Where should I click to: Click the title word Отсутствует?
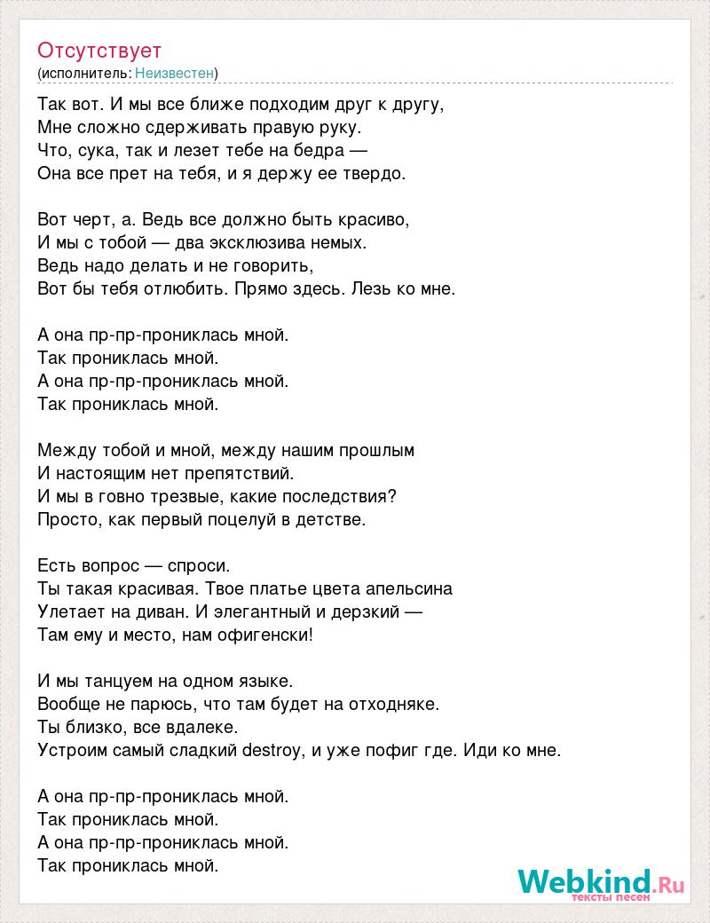(x=99, y=50)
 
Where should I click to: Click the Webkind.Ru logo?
(x=601, y=882)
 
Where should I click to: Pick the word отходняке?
(x=394, y=704)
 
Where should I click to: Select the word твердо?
(x=376, y=173)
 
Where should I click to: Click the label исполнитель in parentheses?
(x=85, y=73)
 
